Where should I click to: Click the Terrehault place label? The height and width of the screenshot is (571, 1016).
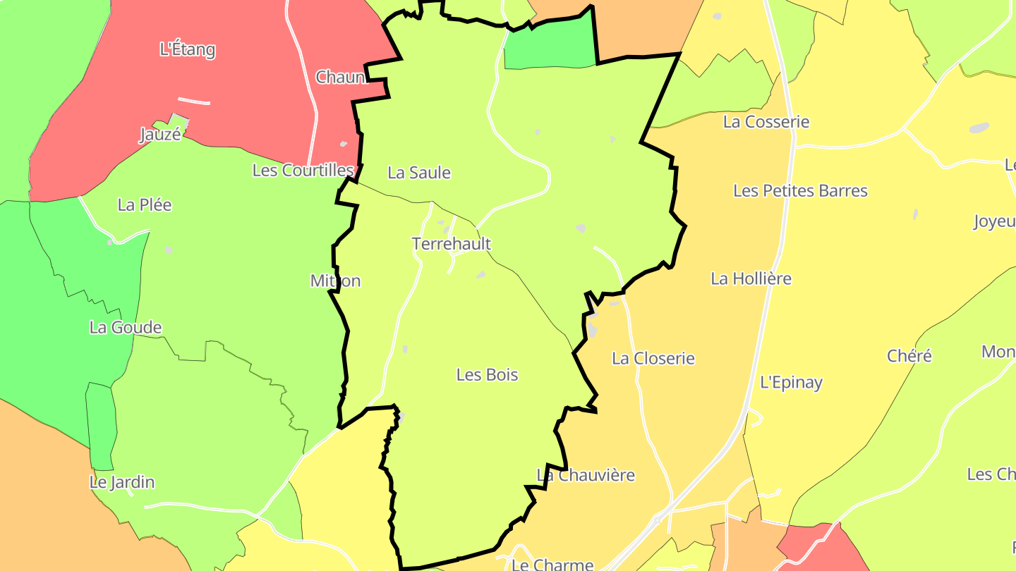click(452, 244)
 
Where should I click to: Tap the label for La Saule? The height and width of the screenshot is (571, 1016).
click(419, 173)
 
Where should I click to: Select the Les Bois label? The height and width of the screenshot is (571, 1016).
click(487, 375)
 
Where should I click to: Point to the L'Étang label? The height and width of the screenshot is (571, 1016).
click(188, 50)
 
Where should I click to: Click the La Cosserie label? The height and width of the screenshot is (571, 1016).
click(766, 122)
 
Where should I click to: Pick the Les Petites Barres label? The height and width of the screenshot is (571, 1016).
click(800, 191)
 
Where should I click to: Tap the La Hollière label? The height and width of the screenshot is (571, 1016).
click(751, 278)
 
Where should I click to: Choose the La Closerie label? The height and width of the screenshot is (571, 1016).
click(653, 359)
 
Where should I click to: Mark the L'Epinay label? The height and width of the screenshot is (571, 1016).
click(791, 383)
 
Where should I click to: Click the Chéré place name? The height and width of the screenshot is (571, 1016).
click(909, 356)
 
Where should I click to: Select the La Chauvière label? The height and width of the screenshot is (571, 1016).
click(586, 475)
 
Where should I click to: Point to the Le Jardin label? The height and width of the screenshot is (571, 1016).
click(122, 483)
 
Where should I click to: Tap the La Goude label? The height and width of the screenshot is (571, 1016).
click(126, 328)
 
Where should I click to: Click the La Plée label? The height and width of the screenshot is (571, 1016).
click(145, 205)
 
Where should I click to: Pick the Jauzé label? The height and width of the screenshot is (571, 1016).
click(160, 135)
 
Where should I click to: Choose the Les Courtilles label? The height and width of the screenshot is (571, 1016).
click(303, 171)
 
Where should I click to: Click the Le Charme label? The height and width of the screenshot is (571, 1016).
click(552, 565)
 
